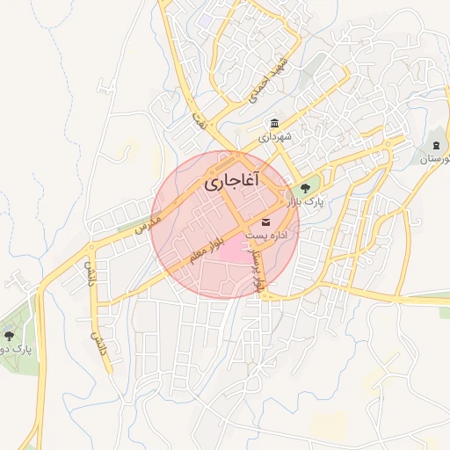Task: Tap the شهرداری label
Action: pyautogui.click(x=275, y=138)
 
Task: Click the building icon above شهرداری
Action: pyautogui.click(x=275, y=123)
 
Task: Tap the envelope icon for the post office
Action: pyautogui.click(x=265, y=221)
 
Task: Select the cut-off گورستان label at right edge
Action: pyautogui.click(x=435, y=160)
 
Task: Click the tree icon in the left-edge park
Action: pyautogui.click(x=9, y=335)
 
